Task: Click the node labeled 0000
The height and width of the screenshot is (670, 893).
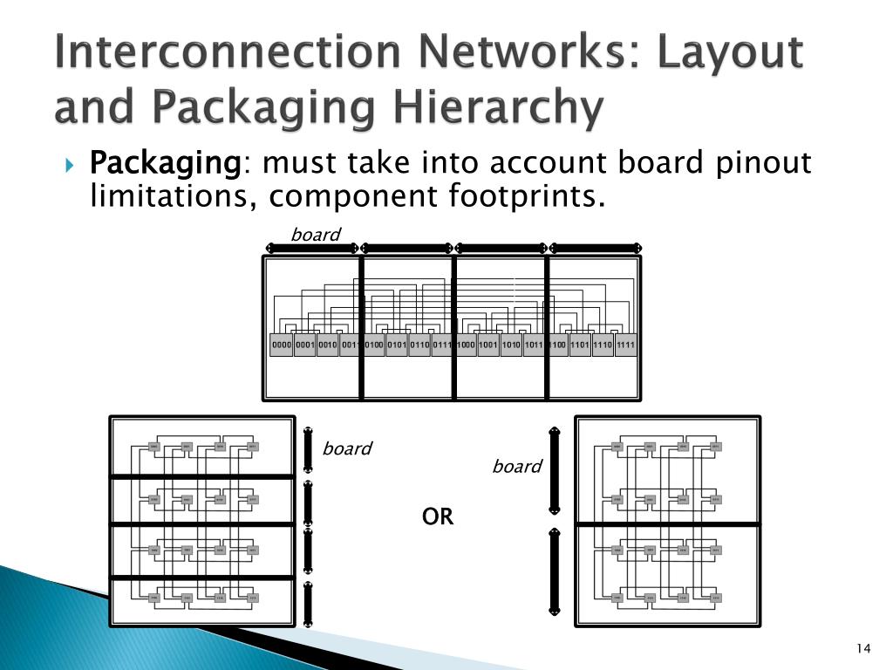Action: click(282, 345)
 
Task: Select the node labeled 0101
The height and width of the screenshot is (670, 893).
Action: click(397, 345)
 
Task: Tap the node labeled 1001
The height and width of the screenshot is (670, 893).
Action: click(488, 345)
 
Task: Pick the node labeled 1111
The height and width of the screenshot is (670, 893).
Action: click(626, 345)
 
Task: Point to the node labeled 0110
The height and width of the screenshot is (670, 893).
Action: click(419, 345)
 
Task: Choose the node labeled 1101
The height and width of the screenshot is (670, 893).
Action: click(580, 345)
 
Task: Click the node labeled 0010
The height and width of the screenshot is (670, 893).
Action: click(327, 345)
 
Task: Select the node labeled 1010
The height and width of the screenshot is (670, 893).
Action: click(511, 345)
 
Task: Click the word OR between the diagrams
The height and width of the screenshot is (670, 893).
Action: click(438, 517)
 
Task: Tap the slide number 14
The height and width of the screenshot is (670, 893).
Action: click(863, 647)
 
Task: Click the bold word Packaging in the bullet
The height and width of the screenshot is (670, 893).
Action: click(165, 163)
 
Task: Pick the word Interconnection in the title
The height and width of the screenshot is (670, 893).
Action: click(215, 52)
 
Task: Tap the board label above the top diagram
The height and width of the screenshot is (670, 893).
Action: click(315, 234)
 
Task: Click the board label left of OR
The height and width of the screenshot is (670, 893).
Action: click(347, 448)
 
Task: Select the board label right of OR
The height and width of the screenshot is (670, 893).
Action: click(517, 467)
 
